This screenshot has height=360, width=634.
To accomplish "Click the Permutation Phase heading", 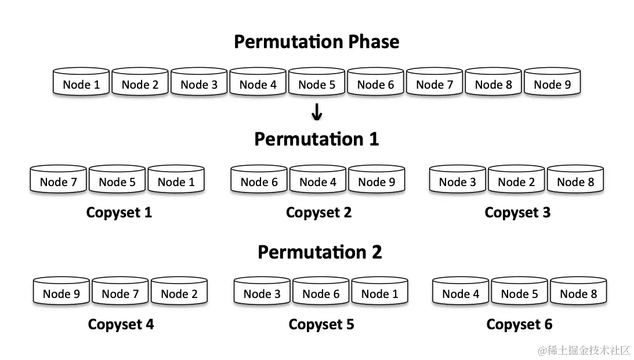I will click(x=316, y=42).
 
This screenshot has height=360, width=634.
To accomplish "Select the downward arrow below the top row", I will click(x=316, y=112).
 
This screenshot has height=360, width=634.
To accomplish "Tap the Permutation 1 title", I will click(x=316, y=139).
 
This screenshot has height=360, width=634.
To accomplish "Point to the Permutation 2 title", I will click(x=320, y=252).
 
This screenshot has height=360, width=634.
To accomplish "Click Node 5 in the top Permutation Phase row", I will click(x=317, y=84).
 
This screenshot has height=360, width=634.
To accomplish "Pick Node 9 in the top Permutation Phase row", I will click(x=552, y=84).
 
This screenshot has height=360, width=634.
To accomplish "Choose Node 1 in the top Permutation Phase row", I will click(x=81, y=84).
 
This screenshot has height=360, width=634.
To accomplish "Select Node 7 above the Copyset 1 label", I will click(x=58, y=181).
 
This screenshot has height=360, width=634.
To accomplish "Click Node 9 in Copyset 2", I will click(x=376, y=181).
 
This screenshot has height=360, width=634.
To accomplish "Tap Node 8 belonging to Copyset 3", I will click(x=575, y=181).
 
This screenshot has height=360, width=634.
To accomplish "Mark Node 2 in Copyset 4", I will click(x=179, y=293).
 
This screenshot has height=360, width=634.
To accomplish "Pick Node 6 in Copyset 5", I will click(x=321, y=293).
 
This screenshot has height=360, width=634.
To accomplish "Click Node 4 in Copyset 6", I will click(x=461, y=293).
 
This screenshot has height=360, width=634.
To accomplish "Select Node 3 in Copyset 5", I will click(x=262, y=293).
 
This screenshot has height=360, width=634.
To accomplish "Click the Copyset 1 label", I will click(x=119, y=213).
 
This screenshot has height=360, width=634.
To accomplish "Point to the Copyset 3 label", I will click(x=517, y=213).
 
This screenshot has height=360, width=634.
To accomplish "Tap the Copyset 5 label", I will click(x=321, y=325).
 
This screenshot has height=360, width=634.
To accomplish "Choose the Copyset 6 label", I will click(x=519, y=325).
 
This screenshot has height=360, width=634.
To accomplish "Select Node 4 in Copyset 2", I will click(x=318, y=181).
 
